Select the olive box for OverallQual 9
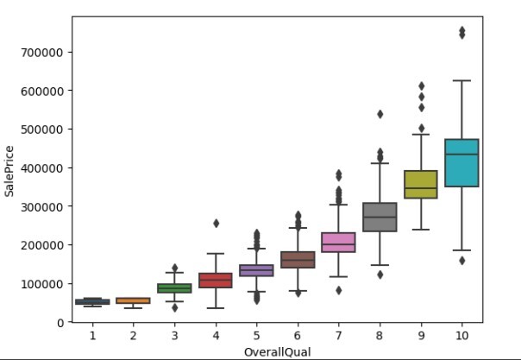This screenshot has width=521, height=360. [x=422, y=184]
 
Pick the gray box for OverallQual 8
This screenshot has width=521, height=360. [x=380, y=217]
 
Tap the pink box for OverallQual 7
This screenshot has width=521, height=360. [x=338, y=243]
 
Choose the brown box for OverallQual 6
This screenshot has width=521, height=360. [x=298, y=259]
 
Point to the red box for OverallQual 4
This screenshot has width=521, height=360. [x=216, y=280]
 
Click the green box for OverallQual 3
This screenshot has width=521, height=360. [x=174, y=288]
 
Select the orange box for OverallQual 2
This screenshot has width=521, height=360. [x=133, y=300]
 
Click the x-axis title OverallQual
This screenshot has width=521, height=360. [x=277, y=351]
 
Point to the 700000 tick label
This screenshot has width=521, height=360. [x=46, y=52]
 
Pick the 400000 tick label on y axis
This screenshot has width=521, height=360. [x=46, y=167]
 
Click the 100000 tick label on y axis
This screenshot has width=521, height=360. [x=46, y=283]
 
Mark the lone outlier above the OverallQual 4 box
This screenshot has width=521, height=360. [x=216, y=223]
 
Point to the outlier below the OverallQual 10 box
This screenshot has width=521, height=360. [x=461, y=260]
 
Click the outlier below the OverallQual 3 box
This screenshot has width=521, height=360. [x=174, y=307]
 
